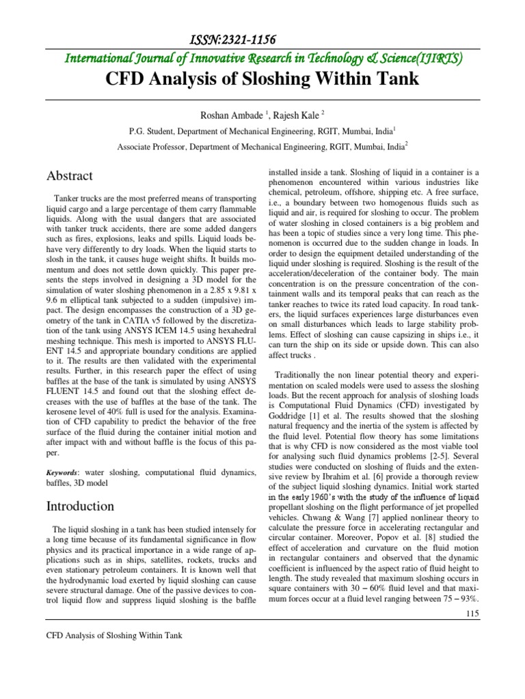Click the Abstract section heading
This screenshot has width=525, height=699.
click(x=69, y=175)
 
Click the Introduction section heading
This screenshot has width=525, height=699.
click(x=80, y=506)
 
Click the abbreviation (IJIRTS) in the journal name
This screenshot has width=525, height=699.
click(x=435, y=59)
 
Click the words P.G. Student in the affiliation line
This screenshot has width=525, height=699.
click(x=168, y=130)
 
